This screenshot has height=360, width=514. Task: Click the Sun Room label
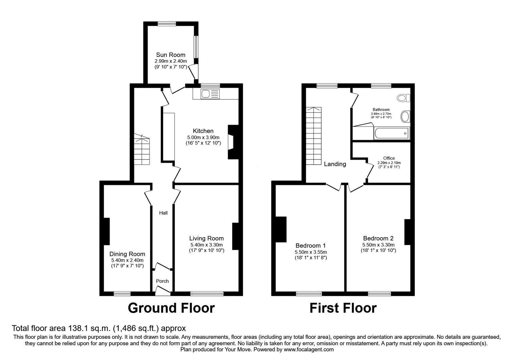pyautogui.click(x=171, y=55)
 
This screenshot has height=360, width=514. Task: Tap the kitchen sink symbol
pyautogui.click(x=210, y=94)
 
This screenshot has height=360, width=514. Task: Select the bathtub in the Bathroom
pyautogui.click(x=392, y=133)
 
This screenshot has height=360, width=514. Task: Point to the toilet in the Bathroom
pyautogui.click(x=403, y=98)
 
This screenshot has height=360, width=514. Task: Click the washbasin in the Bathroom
pyautogui.click(x=405, y=117)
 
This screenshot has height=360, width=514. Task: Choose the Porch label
pyautogui.click(x=162, y=281)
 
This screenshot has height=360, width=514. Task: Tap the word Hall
pyautogui.click(x=164, y=213)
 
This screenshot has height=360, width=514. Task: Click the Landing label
pyautogui.click(x=335, y=164)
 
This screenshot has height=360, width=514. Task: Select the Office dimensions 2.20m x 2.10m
pyautogui.click(x=389, y=163)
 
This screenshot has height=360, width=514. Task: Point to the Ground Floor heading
pyautogui.click(x=171, y=308)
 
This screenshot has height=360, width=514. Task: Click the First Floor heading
pyautogui.click(x=343, y=308)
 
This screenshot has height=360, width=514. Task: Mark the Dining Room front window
pyautogui.click(x=122, y=294)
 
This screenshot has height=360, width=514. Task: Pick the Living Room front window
pyautogui.click(x=207, y=294)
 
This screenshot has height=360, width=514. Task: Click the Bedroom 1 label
pyautogui.click(x=310, y=246)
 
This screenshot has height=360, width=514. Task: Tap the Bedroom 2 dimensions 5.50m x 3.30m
pyautogui.click(x=378, y=245)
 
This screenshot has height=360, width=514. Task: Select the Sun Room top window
pyautogui.click(x=167, y=24)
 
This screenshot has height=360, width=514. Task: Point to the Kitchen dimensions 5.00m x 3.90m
pyautogui.click(x=203, y=138)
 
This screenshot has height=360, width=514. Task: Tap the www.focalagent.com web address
pyautogui.click(x=309, y=350)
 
